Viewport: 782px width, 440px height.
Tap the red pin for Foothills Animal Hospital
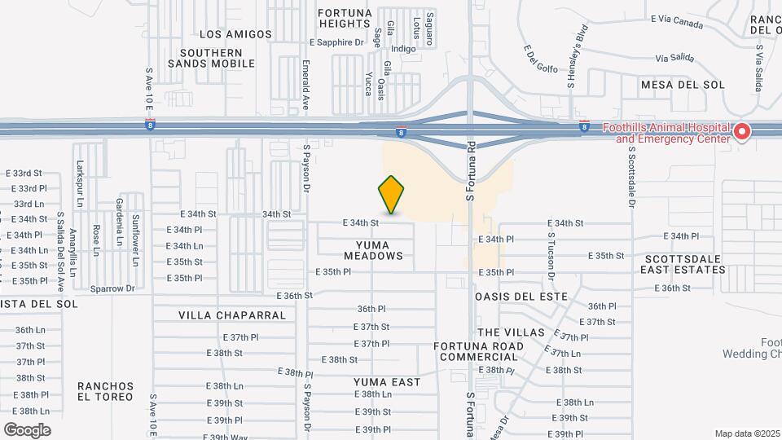point(741,132)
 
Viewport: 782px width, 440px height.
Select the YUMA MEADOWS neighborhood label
point(373,250)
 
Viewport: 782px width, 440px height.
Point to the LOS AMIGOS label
point(235,34)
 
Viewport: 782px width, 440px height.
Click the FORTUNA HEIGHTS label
point(345,19)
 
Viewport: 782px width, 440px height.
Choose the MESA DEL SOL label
point(683,85)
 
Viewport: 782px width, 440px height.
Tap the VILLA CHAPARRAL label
point(232,315)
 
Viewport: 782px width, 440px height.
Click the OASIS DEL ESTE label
point(521,296)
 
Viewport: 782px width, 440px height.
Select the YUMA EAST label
point(387,382)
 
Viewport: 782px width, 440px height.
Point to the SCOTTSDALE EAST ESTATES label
point(682,264)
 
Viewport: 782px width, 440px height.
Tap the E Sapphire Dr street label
point(336,42)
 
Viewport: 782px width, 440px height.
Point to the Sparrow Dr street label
point(112,288)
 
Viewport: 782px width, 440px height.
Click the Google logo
point(27,429)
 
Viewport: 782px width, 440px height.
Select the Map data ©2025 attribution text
point(747,433)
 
